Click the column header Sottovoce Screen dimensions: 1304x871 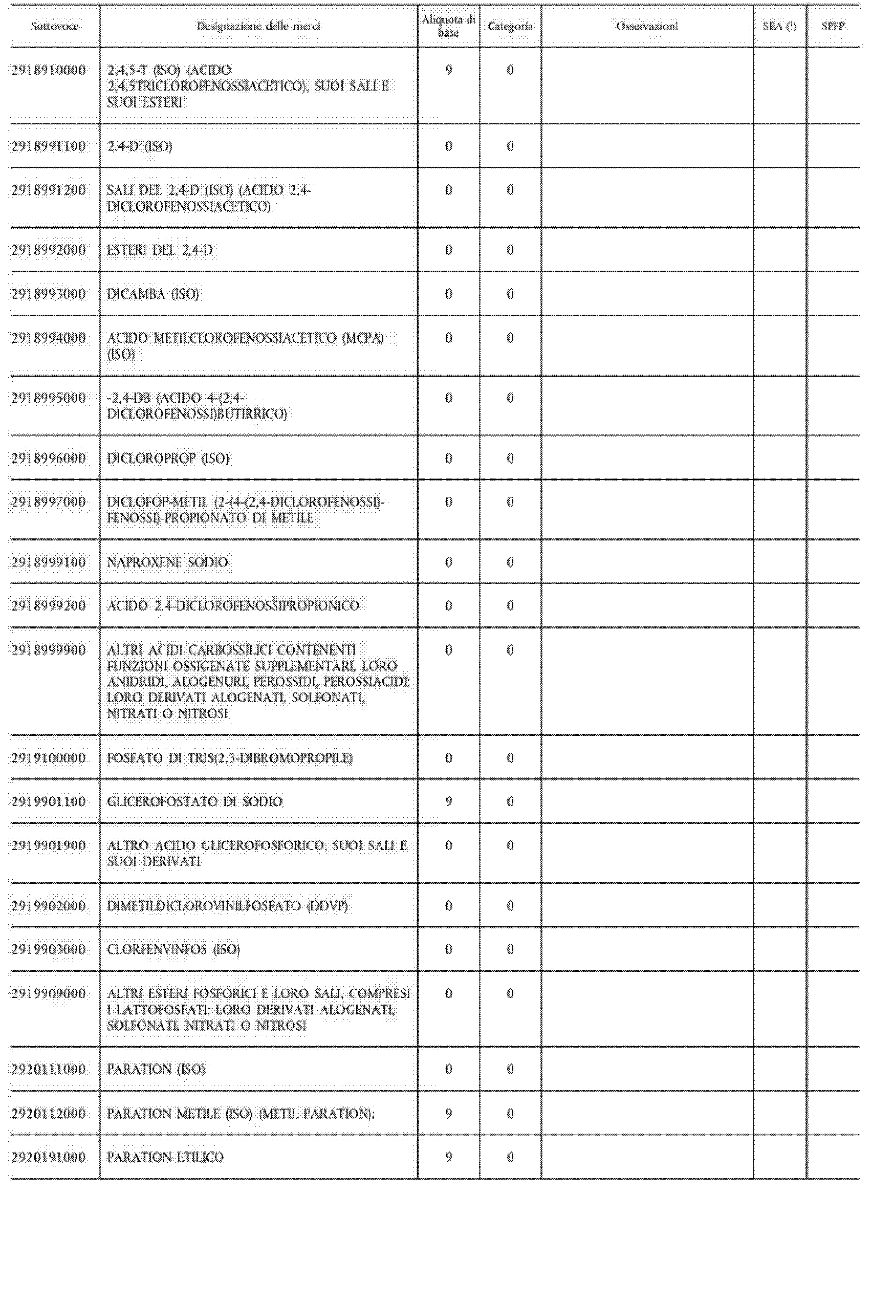click(54, 26)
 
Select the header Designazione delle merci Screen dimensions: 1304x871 click(258, 26)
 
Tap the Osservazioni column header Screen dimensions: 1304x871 click(647, 26)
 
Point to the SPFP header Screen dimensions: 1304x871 click(833, 26)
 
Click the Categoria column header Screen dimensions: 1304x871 click(510, 26)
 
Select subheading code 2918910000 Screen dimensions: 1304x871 click(49, 71)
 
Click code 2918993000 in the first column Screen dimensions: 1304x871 click(49, 294)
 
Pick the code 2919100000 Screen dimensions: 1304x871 click(49, 758)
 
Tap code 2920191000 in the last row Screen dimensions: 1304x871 click(49, 1158)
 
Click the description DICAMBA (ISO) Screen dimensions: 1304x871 click(153, 294)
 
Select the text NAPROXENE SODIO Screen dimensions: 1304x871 click(167, 562)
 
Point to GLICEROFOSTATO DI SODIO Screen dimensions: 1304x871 click(194, 801)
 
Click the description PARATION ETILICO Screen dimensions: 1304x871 click(165, 1158)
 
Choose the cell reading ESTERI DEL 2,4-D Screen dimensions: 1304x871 click(160, 250)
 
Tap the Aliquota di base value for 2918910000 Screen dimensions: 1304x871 click(448, 71)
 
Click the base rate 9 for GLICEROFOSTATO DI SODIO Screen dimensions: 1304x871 click(448, 801)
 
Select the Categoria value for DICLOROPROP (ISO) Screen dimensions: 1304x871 click(510, 458)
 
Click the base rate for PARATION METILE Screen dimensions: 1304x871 click(448, 1114)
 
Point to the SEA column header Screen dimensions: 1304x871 click(779, 26)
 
